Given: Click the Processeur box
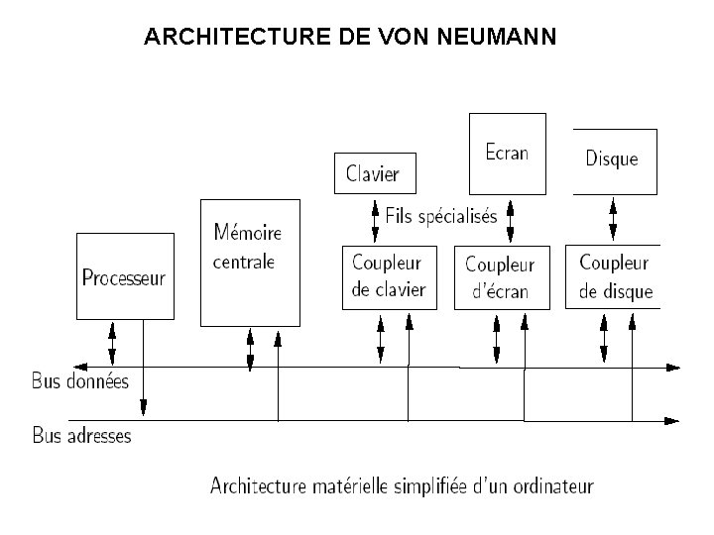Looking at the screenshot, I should (x=125, y=276).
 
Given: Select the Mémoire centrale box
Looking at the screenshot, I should (x=248, y=262).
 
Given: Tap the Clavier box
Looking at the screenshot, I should (x=374, y=173).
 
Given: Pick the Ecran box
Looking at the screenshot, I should (x=507, y=153).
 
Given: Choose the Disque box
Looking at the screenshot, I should (x=613, y=160).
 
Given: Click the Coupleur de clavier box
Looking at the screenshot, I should (x=389, y=276).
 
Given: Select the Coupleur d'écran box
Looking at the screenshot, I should (x=500, y=277).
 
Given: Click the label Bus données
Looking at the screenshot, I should (x=80, y=380).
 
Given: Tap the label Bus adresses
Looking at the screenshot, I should (x=82, y=435).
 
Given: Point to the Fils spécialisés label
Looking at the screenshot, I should (x=441, y=216).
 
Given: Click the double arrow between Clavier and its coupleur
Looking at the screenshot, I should (x=375, y=220).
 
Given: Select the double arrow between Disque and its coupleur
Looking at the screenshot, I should (x=613, y=219).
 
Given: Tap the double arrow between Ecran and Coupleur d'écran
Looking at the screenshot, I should (x=510, y=220).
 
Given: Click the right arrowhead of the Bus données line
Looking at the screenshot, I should (x=674, y=368).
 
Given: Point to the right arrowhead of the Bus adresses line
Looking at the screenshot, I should (x=674, y=421).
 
